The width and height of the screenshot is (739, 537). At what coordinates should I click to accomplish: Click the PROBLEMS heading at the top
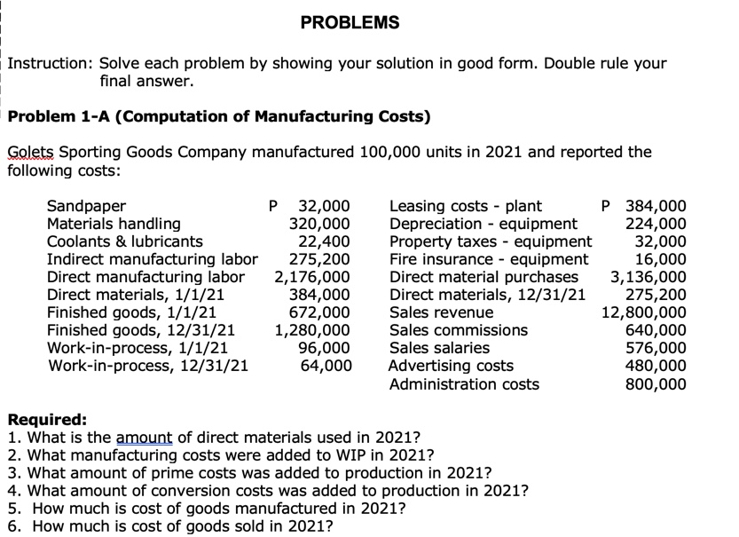pyautogui.click(x=350, y=22)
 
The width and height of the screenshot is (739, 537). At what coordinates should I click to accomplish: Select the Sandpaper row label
pyautogui.click(x=86, y=206)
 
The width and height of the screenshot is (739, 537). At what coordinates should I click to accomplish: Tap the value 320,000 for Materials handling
pyautogui.click(x=321, y=224)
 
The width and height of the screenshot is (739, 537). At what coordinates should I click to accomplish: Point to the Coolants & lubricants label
pyautogui.click(x=124, y=241)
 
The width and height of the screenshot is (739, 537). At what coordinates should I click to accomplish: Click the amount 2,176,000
pyautogui.click(x=312, y=277)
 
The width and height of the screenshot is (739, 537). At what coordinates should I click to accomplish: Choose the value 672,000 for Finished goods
pyautogui.click(x=321, y=312)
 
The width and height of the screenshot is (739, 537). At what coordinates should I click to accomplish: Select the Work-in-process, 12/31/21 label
pyautogui.click(x=147, y=366)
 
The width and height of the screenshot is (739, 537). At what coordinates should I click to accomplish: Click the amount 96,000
pyautogui.click(x=326, y=348)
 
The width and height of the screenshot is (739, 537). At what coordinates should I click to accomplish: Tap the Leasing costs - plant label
pyautogui.click(x=466, y=206)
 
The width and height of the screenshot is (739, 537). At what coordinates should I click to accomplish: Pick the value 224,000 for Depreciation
pyautogui.click(x=656, y=224)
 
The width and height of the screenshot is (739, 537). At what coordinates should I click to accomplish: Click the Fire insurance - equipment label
pyautogui.click(x=489, y=259)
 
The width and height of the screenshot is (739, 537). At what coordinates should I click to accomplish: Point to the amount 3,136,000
pyautogui.click(x=648, y=277)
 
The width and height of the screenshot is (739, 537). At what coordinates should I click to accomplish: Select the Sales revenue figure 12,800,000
pyautogui.click(x=644, y=312)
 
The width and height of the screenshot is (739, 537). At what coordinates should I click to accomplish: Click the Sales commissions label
pyautogui.click(x=459, y=330)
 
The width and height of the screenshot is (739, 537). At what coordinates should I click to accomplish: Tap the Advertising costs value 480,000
pyautogui.click(x=656, y=366)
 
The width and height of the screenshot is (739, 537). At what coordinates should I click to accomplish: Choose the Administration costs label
pyautogui.click(x=464, y=383)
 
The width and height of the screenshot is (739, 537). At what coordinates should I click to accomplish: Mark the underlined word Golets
pyautogui.click(x=29, y=152)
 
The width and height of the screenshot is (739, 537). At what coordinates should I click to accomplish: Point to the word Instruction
pyautogui.click(x=49, y=64)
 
